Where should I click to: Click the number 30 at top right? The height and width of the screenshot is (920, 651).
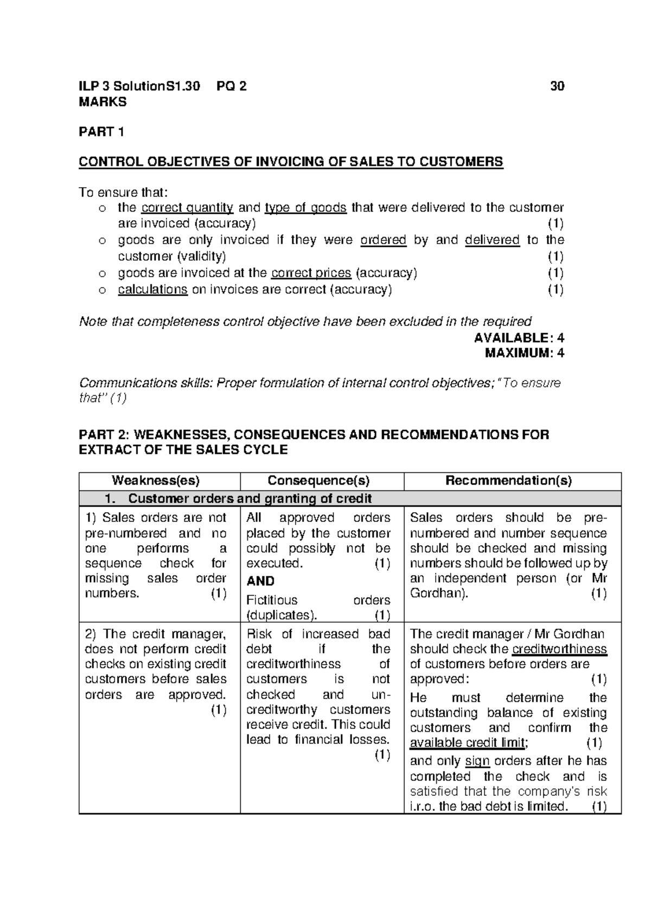tap(557, 86)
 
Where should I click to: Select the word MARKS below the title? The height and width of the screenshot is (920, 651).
tap(103, 101)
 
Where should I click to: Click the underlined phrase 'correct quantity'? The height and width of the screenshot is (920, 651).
tap(187, 208)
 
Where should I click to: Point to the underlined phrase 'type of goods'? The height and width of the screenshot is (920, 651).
tap(305, 208)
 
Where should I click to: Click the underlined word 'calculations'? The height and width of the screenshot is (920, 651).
tap(152, 289)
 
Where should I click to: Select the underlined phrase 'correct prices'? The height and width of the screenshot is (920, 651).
tap(311, 273)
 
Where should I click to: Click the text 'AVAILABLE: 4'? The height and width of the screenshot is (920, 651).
tap(519, 338)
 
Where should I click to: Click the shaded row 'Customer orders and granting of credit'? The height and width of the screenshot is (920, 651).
tap(250, 499)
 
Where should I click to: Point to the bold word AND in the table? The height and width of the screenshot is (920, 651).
tap(260, 581)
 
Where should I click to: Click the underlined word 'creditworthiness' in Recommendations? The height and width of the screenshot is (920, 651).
tap(559, 649)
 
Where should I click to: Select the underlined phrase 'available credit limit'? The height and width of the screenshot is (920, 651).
tap(468, 743)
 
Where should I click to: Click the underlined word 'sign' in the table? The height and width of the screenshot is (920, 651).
tap(477, 761)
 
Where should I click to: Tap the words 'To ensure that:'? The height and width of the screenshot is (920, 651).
tap(124, 193)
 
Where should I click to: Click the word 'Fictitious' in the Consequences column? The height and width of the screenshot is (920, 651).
tap(272, 600)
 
